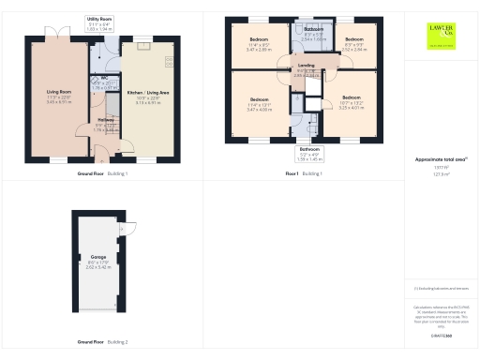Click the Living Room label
click(58, 94)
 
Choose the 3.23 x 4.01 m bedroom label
click(350, 100)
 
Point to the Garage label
click(98, 258)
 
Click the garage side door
click(131, 227)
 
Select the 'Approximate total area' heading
click(441, 160)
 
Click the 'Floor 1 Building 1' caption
click(304, 174)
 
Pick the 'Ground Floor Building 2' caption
click(102, 342)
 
